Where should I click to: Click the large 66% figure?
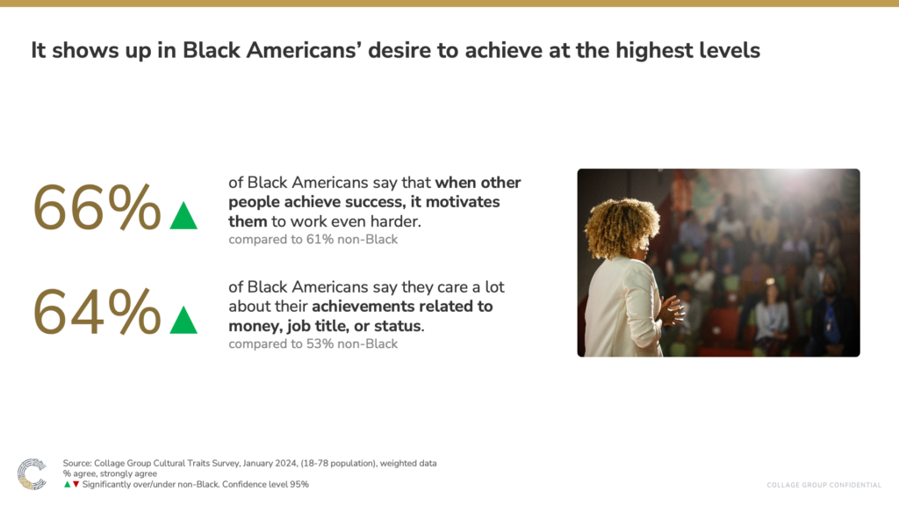pyautogui.click(x=97, y=207)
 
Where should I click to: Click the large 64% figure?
pyautogui.click(x=97, y=312)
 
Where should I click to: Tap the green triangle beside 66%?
pyautogui.click(x=183, y=216)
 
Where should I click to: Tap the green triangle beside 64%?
pyautogui.click(x=183, y=320)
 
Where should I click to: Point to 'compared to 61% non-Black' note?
pyautogui.click(x=313, y=239)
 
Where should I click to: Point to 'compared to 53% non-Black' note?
pyautogui.click(x=313, y=343)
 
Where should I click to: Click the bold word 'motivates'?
pyautogui.click(x=463, y=202)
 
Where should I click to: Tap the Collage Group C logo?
pyautogui.click(x=32, y=473)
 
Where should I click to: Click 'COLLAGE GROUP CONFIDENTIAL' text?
pyautogui.click(x=823, y=485)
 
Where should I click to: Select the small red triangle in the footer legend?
pyautogui.click(x=76, y=485)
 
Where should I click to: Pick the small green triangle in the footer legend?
pyautogui.click(x=67, y=485)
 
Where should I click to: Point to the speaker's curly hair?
pyautogui.click(x=622, y=228)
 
